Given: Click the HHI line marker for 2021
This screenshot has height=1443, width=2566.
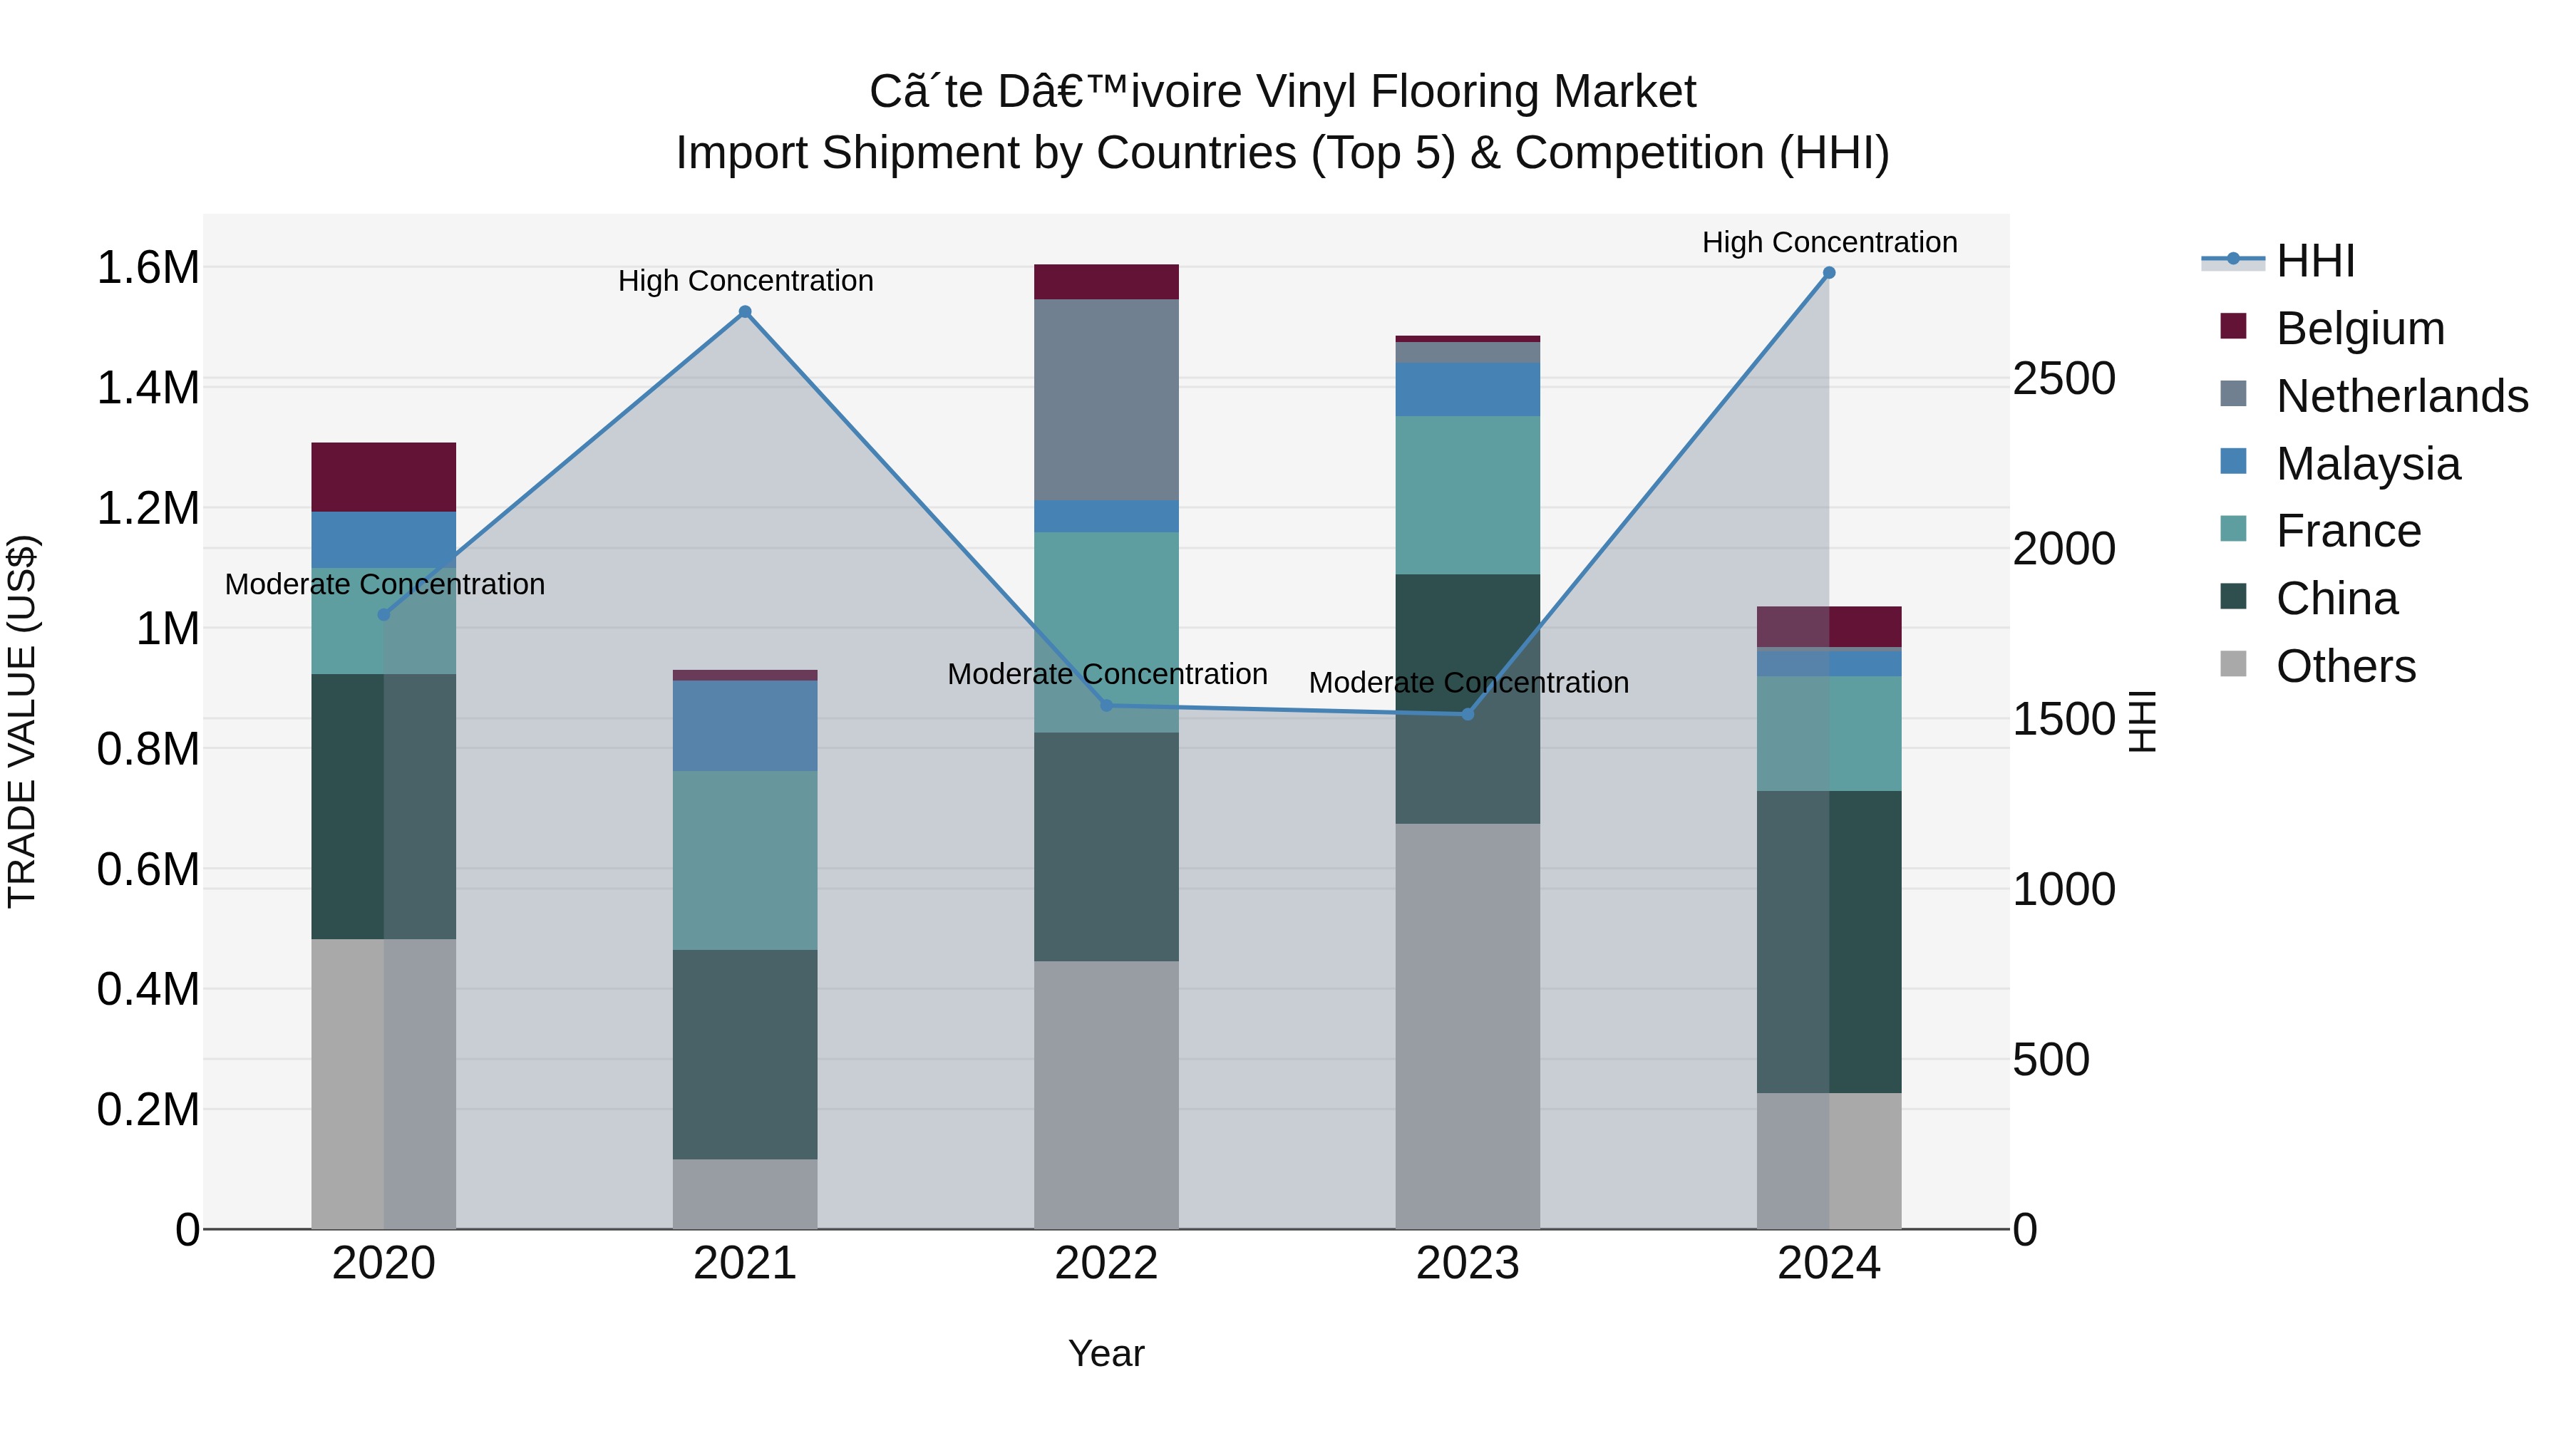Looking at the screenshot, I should tap(745, 311).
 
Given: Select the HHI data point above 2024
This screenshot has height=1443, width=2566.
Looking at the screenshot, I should tap(1829, 273).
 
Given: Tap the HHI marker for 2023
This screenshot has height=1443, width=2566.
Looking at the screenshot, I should tap(1468, 714).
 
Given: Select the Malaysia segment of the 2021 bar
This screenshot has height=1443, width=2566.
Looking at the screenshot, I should tap(745, 725).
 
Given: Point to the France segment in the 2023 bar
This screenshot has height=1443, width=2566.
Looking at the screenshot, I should tap(1468, 495).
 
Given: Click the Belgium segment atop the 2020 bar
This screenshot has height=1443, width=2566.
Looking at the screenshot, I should tap(383, 477).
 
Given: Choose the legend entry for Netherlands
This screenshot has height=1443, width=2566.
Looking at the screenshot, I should tap(2401, 396).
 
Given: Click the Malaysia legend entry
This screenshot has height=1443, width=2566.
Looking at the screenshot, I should tap(2368, 464).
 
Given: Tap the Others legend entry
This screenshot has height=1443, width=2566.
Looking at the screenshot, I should tap(2345, 666).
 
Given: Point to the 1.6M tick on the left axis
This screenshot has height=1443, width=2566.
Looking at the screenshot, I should tap(148, 268).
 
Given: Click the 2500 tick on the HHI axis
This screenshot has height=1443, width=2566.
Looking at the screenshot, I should tap(2064, 379).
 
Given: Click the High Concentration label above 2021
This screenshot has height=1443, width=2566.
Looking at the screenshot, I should tap(745, 281).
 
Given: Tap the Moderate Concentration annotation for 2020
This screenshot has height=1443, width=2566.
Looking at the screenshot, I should tap(384, 584).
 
